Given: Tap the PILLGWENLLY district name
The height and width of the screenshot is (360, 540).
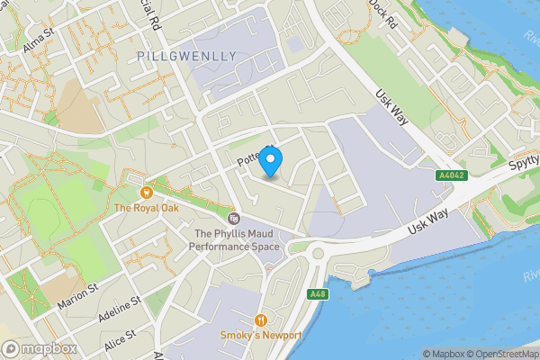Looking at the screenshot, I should [188, 56].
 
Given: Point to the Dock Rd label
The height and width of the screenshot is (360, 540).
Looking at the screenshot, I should [382, 14].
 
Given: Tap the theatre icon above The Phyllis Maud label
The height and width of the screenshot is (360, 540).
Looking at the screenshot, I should [233, 219].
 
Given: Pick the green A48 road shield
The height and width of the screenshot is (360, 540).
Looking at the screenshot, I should [317, 294].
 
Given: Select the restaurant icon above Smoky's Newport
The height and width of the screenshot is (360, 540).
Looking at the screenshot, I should [262, 319].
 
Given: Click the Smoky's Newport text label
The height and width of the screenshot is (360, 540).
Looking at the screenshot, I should [262, 337].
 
